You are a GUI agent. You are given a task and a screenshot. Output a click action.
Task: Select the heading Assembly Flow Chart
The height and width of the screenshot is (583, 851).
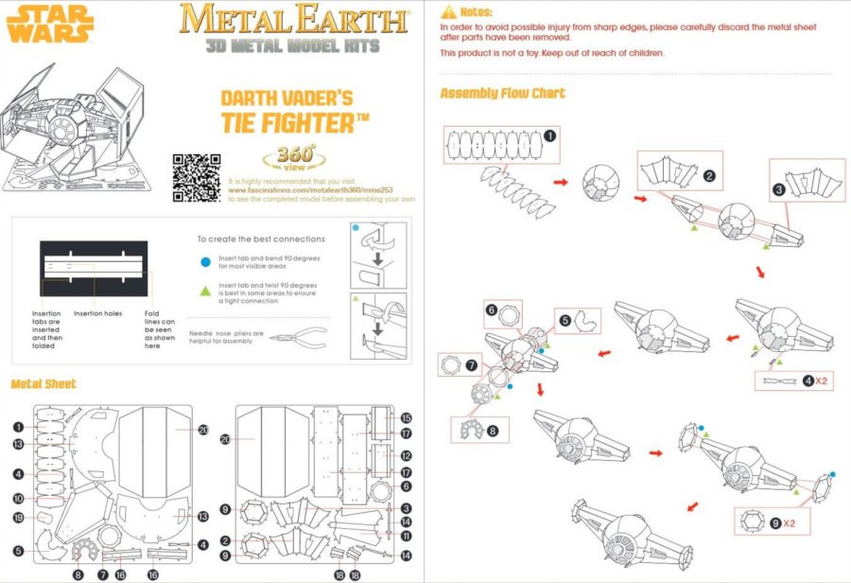click(x=502, y=93)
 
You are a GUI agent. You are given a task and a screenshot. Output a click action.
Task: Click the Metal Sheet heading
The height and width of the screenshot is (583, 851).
click(x=43, y=383)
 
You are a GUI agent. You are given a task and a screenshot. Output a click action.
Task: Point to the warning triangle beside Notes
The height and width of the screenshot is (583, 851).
click(x=449, y=11)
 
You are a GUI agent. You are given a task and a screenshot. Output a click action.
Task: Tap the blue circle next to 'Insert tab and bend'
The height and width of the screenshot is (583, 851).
click(x=205, y=259)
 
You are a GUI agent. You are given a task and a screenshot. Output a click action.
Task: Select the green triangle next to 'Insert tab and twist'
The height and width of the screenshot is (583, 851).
click(x=205, y=285)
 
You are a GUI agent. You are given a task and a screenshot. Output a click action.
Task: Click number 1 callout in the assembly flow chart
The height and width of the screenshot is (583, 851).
click(x=550, y=135)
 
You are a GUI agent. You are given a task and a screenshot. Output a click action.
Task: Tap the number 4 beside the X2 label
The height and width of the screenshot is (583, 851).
click(x=808, y=381)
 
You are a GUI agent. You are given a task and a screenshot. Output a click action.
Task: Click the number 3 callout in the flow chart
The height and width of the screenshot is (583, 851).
click(x=778, y=189)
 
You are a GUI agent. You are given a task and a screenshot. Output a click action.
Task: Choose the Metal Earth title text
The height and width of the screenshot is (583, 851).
click(x=294, y=19)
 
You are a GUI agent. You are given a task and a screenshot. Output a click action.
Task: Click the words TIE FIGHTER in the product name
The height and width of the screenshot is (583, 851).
click(x=283, y=123)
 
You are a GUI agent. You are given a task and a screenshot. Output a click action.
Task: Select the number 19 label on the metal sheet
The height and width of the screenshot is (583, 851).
click(x=18, y=518)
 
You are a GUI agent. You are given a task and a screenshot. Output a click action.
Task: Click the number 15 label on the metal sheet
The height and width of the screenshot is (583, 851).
click(x=406, y=417)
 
